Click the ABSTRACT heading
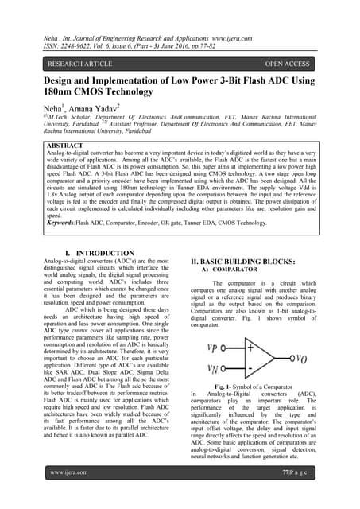pos(68,147)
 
